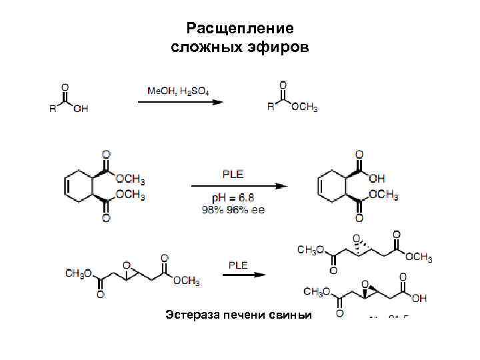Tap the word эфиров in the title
[275, 48]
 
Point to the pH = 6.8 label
[233, 199]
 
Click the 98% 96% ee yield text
[233, 209]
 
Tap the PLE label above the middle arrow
[233, 175]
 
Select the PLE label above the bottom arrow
[238, 265]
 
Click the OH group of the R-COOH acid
[81, 109]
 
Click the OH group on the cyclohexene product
[377, 178]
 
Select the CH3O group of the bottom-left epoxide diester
[78, 273]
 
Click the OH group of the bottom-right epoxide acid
[419, 297]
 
